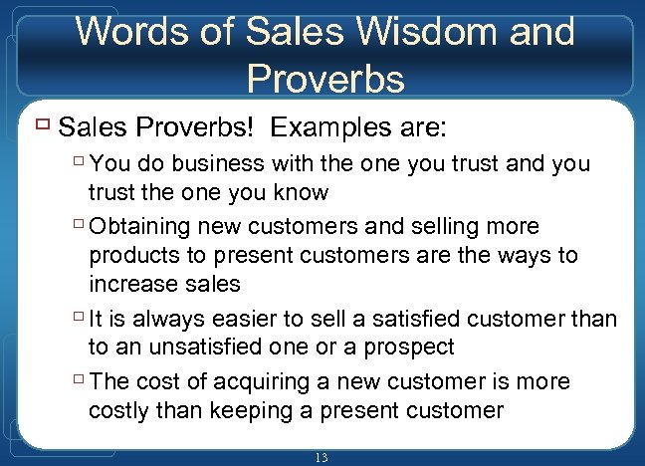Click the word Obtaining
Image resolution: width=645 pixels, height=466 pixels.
tap(147, 227)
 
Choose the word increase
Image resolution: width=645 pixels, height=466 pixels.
tap(128, 283)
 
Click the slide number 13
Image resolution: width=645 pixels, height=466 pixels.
tap(321, 457)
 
